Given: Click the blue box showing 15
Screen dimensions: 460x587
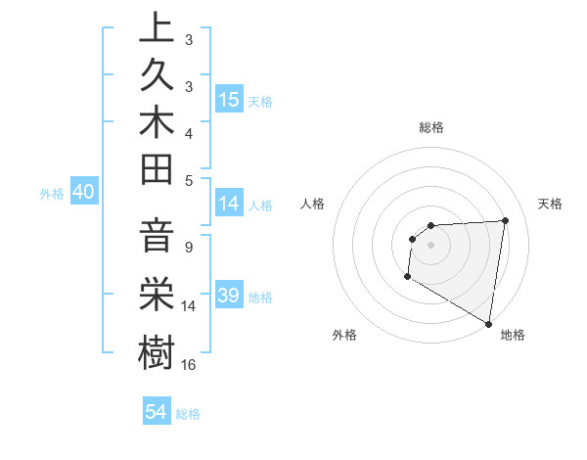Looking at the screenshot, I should click(229, 99).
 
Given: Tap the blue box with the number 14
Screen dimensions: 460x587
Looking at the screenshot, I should click(229, 205).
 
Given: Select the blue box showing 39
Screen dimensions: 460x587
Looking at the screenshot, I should click(229, 296).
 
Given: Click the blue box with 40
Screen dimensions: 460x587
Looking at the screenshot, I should click(83, 193).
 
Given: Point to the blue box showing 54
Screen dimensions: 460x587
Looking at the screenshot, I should click(157, 412).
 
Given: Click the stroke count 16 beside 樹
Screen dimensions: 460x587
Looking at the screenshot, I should click(189, 365).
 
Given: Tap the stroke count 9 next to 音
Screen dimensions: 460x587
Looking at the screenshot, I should click(188, 248).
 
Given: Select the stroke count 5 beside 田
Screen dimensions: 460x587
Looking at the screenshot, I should click(188, 180).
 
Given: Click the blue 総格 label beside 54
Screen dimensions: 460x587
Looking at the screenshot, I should click(188, 414).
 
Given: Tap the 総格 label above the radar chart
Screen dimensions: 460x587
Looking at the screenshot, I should click(430, 127).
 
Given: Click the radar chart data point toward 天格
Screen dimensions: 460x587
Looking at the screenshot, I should click(505, 220).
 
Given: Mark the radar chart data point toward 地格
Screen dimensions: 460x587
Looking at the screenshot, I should click(488, 323).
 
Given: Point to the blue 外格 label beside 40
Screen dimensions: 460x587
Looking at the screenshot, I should click(52, 194).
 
